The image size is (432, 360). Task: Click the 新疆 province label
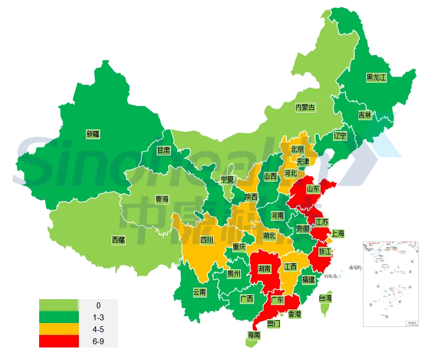[93, 133]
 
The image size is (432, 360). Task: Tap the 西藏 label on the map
[118, 239]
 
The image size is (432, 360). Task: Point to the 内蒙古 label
[305, 108]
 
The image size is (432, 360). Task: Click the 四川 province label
[207, 239]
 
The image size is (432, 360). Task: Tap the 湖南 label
[264, 268]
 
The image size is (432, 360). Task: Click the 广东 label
[277, 300]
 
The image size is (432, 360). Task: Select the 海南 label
[254, 335]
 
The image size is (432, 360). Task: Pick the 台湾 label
[325, 298]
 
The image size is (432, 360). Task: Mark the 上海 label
[337, 234]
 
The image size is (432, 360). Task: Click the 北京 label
[297, 149]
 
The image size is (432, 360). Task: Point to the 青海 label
[162, 199]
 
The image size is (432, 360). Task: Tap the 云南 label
[199, 292]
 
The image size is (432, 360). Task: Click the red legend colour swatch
[59, 342]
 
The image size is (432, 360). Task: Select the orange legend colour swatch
[59, 329]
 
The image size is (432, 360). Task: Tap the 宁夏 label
[227, 179]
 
